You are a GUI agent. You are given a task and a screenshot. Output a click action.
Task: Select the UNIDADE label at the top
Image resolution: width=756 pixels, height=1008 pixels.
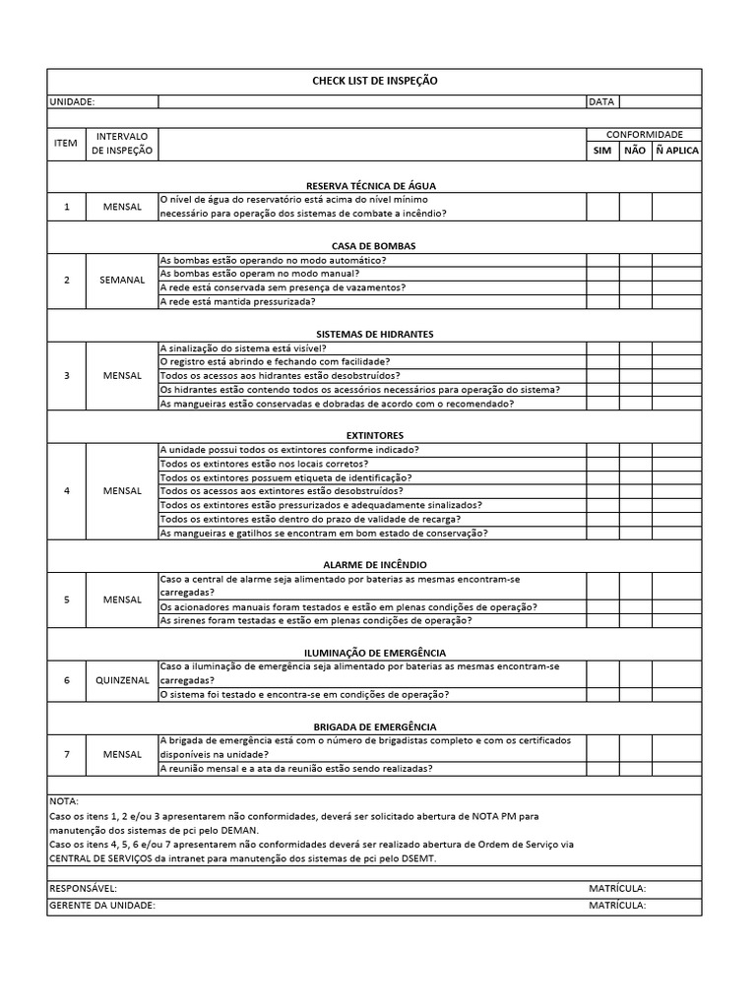point(72,101)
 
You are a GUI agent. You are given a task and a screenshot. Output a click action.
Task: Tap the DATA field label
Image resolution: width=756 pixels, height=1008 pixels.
point(600,101)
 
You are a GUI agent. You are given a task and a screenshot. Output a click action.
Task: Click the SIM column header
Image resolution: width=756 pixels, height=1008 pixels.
point(601,151)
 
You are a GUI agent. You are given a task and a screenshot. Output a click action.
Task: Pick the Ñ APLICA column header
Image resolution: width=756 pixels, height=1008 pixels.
point(676,151)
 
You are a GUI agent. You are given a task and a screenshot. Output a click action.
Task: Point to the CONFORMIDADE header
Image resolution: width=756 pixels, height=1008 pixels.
point(644,135)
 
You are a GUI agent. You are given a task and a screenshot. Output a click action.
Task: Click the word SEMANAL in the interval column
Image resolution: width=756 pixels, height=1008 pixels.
point(122,281)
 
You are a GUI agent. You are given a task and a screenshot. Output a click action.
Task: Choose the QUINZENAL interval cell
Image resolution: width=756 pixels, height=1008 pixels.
point(122,680)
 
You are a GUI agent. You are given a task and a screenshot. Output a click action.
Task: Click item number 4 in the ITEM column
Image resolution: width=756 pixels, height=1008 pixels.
point(67,491)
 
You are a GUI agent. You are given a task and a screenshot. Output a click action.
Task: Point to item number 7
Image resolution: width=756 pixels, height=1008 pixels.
point(67,754)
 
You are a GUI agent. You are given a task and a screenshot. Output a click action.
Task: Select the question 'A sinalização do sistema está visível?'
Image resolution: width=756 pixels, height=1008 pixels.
point(243,347)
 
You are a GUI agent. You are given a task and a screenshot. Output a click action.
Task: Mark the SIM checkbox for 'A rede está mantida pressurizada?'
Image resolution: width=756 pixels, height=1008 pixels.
point(601,301)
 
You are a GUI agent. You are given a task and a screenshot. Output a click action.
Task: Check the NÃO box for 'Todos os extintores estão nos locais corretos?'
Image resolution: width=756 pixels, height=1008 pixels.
point(635,464)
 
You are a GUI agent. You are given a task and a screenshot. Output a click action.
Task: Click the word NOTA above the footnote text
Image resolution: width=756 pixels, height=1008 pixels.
point(63,802)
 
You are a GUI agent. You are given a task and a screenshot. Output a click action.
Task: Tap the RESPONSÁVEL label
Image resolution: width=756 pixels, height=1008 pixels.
point(83,889)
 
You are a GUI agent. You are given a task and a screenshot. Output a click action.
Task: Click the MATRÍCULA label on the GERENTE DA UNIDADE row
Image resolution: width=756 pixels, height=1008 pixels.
point(616,906)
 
